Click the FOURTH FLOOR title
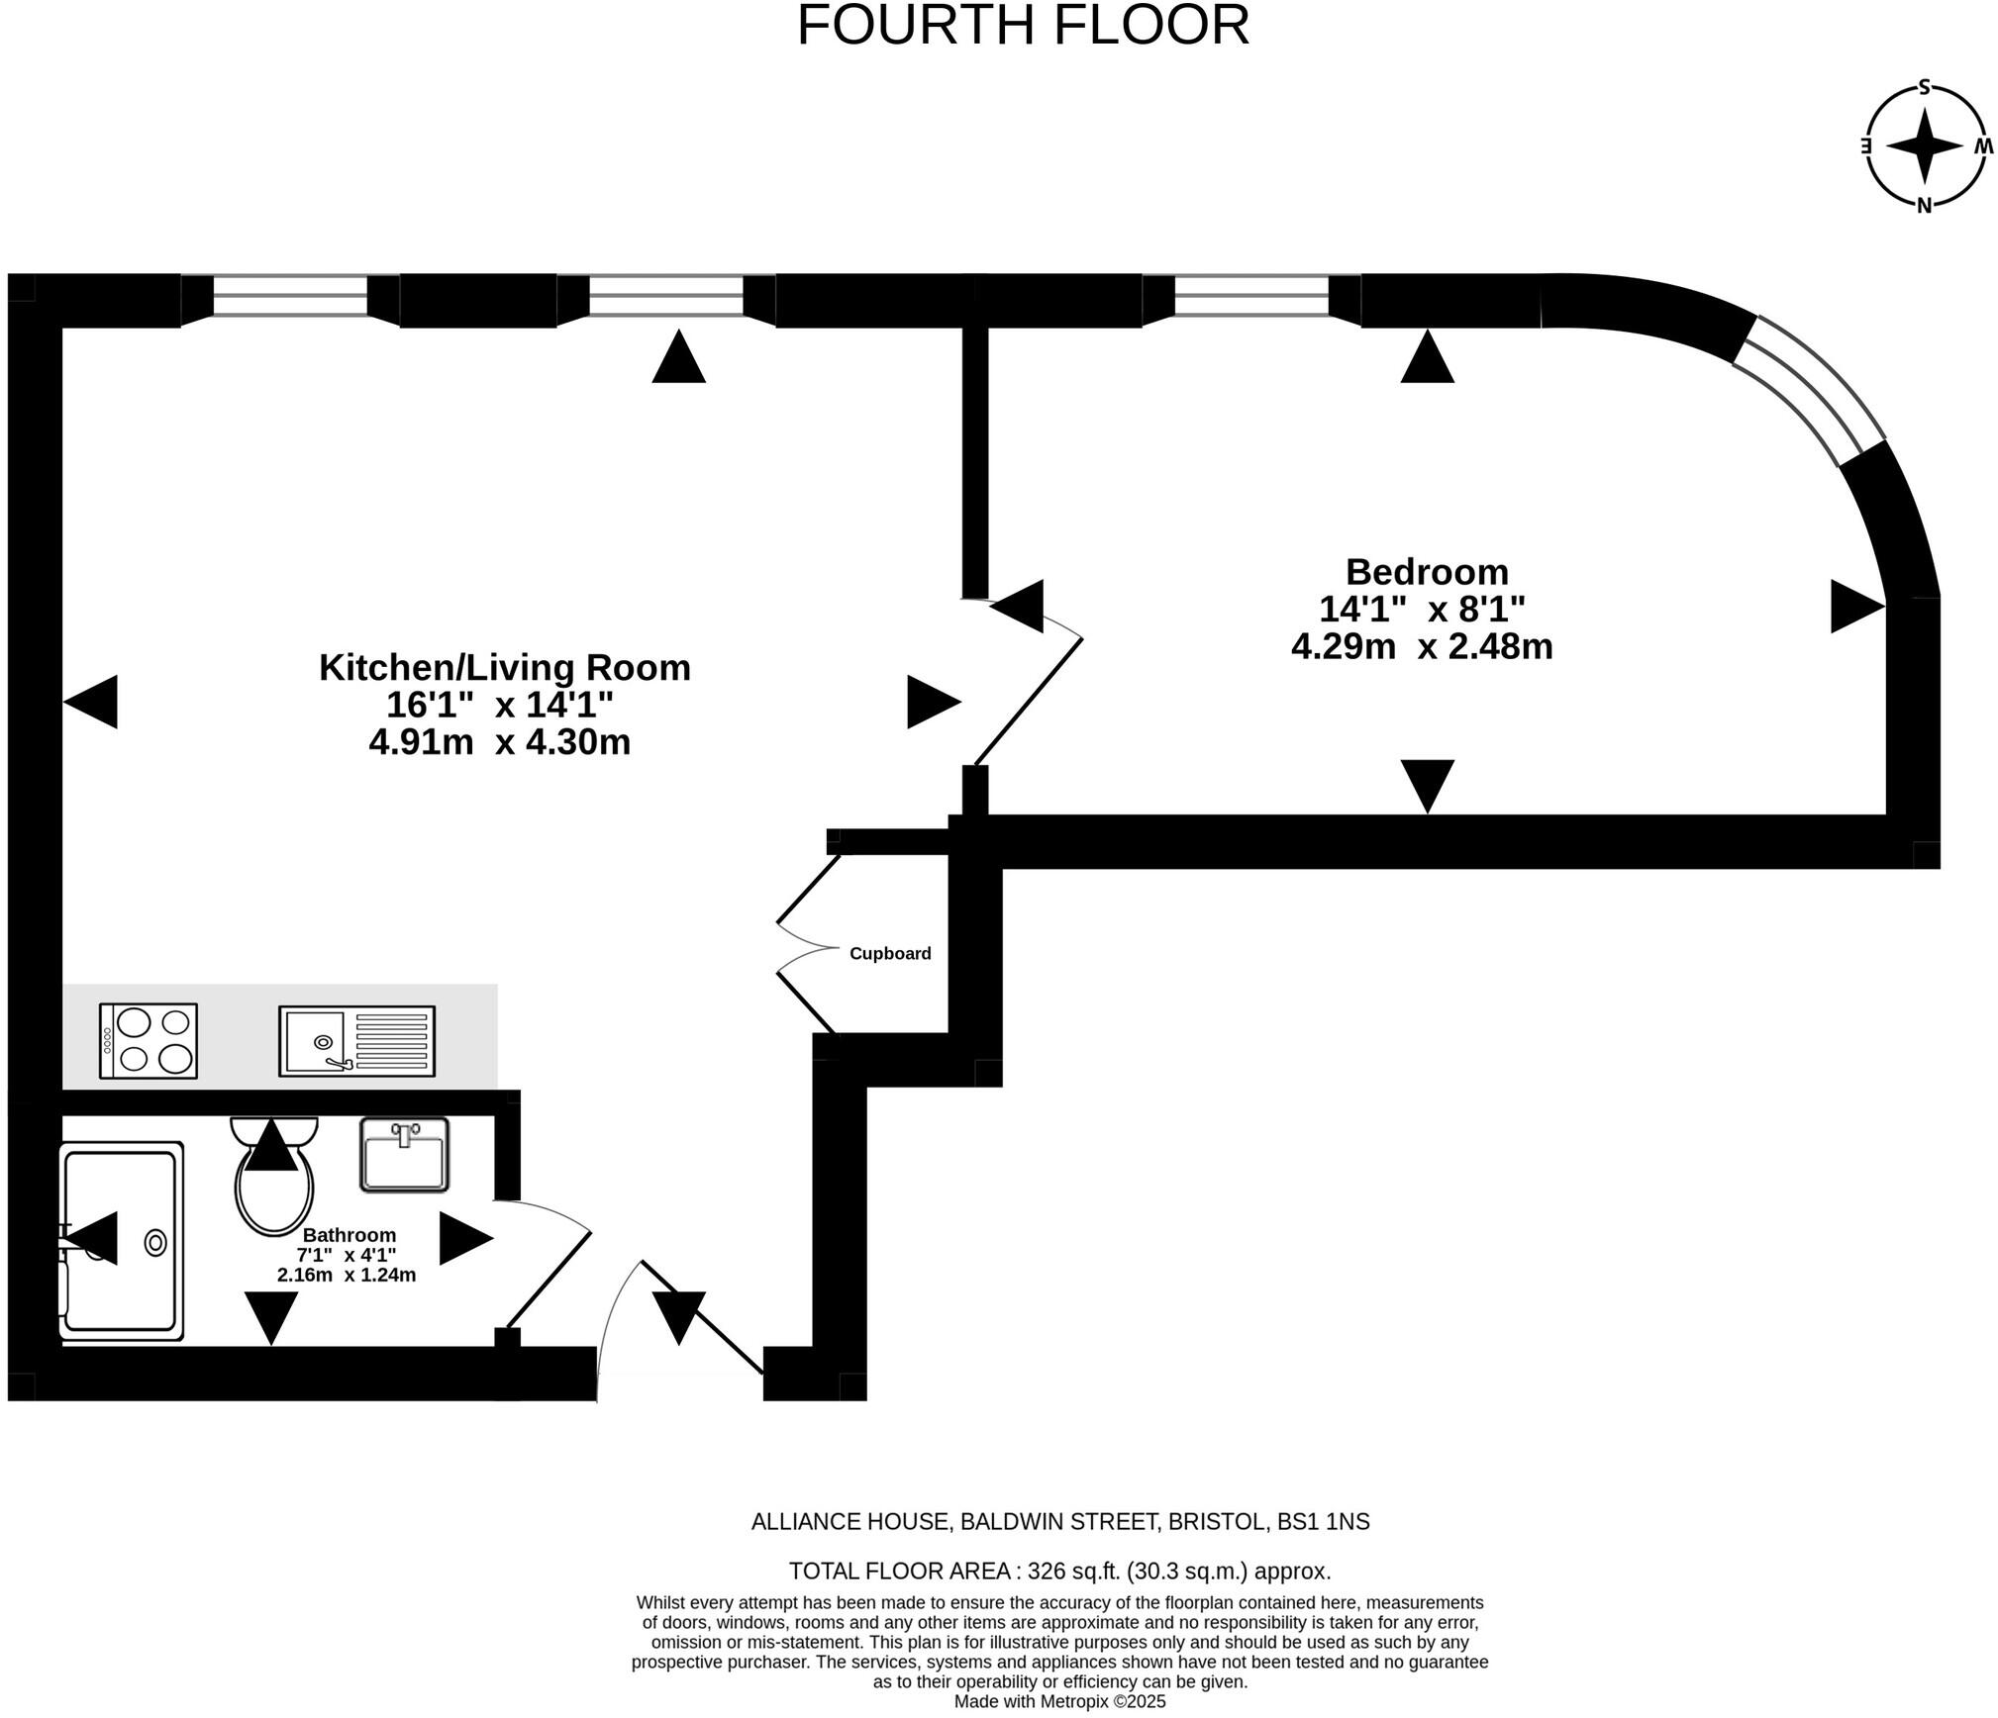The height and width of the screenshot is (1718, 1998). coord(1023,27)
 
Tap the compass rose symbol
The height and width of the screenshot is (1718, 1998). coord(1924,146)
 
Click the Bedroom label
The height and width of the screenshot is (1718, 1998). coord(1426,572)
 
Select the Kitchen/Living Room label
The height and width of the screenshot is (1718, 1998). coord(504,668)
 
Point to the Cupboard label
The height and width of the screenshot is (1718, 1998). coord(890,954)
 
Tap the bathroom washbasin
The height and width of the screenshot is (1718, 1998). coord(404,1155)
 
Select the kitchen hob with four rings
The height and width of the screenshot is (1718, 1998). coord(149,1041)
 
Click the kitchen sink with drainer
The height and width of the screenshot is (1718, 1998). coord(356,1041)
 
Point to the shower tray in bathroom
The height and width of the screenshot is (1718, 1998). coord(121,1242)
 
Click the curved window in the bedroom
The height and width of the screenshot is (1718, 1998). coord(1810,390)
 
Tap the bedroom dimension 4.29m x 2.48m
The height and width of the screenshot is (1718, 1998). coord(1422,647)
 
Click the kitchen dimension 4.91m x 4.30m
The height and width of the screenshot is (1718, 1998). coord(500,742)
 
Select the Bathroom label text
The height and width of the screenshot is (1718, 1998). coord(350,1236)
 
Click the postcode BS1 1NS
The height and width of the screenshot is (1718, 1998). coord(1323,1522)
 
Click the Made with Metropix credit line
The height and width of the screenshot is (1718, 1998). coord(1059,1702)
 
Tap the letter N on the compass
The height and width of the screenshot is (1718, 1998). coord(1924,206)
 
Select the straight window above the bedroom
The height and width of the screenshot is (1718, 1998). coord(1251,296)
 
